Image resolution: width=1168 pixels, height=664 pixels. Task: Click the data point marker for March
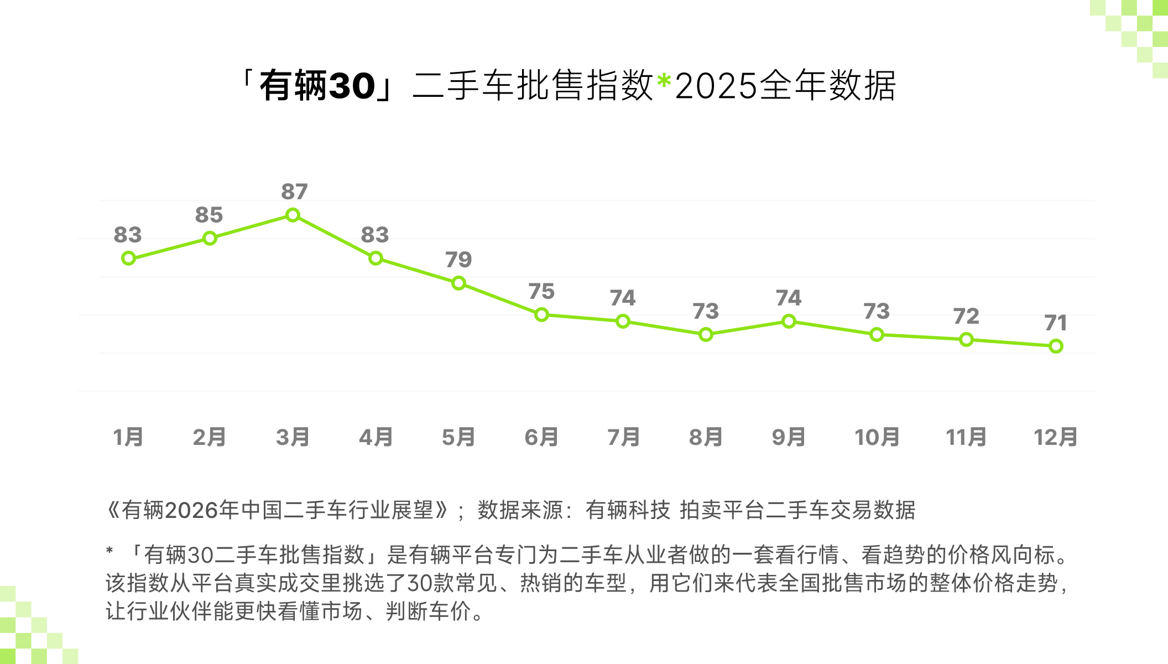point(293,215)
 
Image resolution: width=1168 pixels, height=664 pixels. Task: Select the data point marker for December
point(1056,346)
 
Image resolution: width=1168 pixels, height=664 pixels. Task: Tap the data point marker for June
point(541,315)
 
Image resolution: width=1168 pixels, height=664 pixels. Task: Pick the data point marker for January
point(128,258)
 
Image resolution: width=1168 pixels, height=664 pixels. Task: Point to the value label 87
point(294,192)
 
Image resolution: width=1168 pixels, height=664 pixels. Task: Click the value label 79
point(458,260)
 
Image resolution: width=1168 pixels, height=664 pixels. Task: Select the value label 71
point(1055,323)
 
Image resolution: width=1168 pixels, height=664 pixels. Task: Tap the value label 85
point(209,215)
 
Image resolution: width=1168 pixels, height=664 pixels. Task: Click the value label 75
point(541,292)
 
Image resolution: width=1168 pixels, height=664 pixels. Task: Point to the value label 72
point(966,317)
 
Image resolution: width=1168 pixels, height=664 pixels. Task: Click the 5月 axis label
point(458,437)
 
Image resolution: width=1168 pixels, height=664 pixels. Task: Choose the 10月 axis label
point(877,437)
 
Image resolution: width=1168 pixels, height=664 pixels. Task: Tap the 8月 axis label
point(706,437)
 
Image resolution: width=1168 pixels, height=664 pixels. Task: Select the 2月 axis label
point(209,437)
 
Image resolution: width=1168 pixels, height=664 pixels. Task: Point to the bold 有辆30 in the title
point(317,86)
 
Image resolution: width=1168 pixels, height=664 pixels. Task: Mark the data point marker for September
point(789,321)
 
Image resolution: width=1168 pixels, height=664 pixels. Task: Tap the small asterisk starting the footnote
point(109,551)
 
